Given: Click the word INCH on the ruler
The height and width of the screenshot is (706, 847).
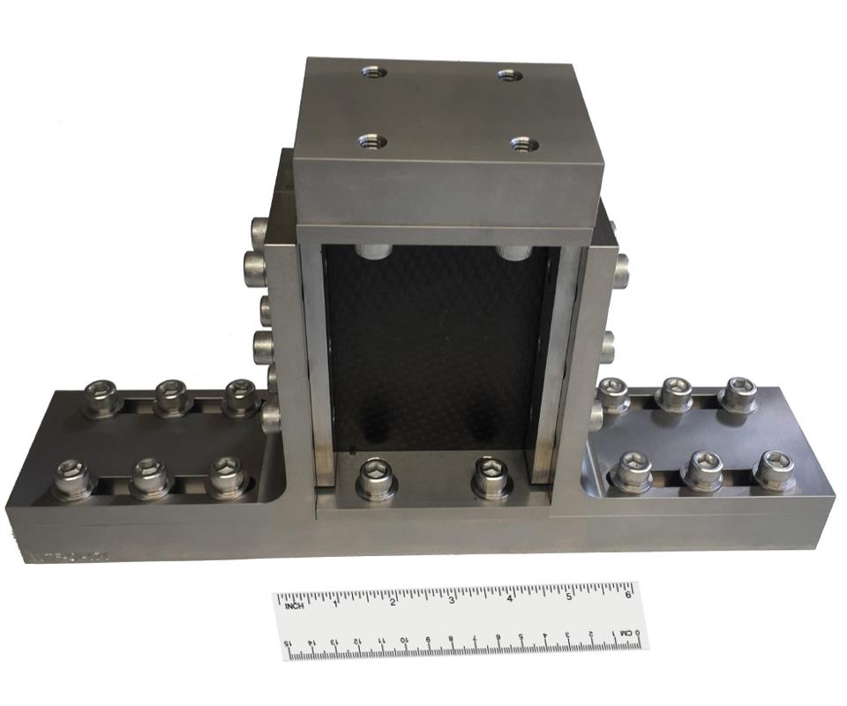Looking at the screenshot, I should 294,605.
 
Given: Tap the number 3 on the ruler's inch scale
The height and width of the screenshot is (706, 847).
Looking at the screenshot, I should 452,600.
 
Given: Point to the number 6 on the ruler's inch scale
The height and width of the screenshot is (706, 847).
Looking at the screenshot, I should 627,594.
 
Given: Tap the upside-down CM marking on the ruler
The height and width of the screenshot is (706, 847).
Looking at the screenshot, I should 625,634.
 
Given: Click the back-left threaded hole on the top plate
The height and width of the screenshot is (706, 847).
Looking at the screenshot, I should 373,71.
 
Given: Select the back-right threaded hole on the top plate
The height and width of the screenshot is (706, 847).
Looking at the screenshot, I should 510,75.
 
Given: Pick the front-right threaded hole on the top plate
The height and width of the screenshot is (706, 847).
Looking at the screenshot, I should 523,143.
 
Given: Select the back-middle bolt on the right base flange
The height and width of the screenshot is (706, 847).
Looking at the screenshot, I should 676,393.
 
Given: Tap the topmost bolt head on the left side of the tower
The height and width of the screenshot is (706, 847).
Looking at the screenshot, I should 259,231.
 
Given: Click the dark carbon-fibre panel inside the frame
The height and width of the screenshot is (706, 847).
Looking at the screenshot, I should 437,344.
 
